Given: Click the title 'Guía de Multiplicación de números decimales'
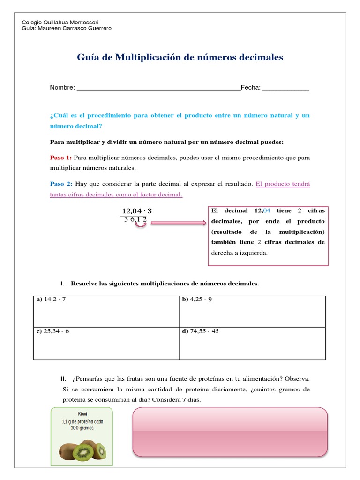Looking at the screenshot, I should click(180, 58).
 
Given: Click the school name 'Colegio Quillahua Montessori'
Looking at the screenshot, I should click(60, 22).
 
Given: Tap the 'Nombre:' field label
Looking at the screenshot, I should click(62, 88).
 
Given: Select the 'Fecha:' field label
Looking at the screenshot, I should click(251, 88).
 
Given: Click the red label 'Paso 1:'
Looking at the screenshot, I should click(61, 157).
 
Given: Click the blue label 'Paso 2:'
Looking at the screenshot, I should click(61, 184).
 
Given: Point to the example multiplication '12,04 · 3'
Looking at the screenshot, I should click(137, 211).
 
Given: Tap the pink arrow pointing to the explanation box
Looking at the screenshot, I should click(178, 223).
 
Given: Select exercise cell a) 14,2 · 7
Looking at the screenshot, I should click(106, 311).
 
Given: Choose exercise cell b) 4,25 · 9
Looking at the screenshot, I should click(252, 311).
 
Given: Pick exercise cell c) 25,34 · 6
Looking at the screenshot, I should click(106, 343).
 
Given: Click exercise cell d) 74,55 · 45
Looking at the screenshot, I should click(252, 343).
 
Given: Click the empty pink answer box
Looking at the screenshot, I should click(230, 432).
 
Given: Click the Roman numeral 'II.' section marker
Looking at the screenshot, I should click(63, 378).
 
